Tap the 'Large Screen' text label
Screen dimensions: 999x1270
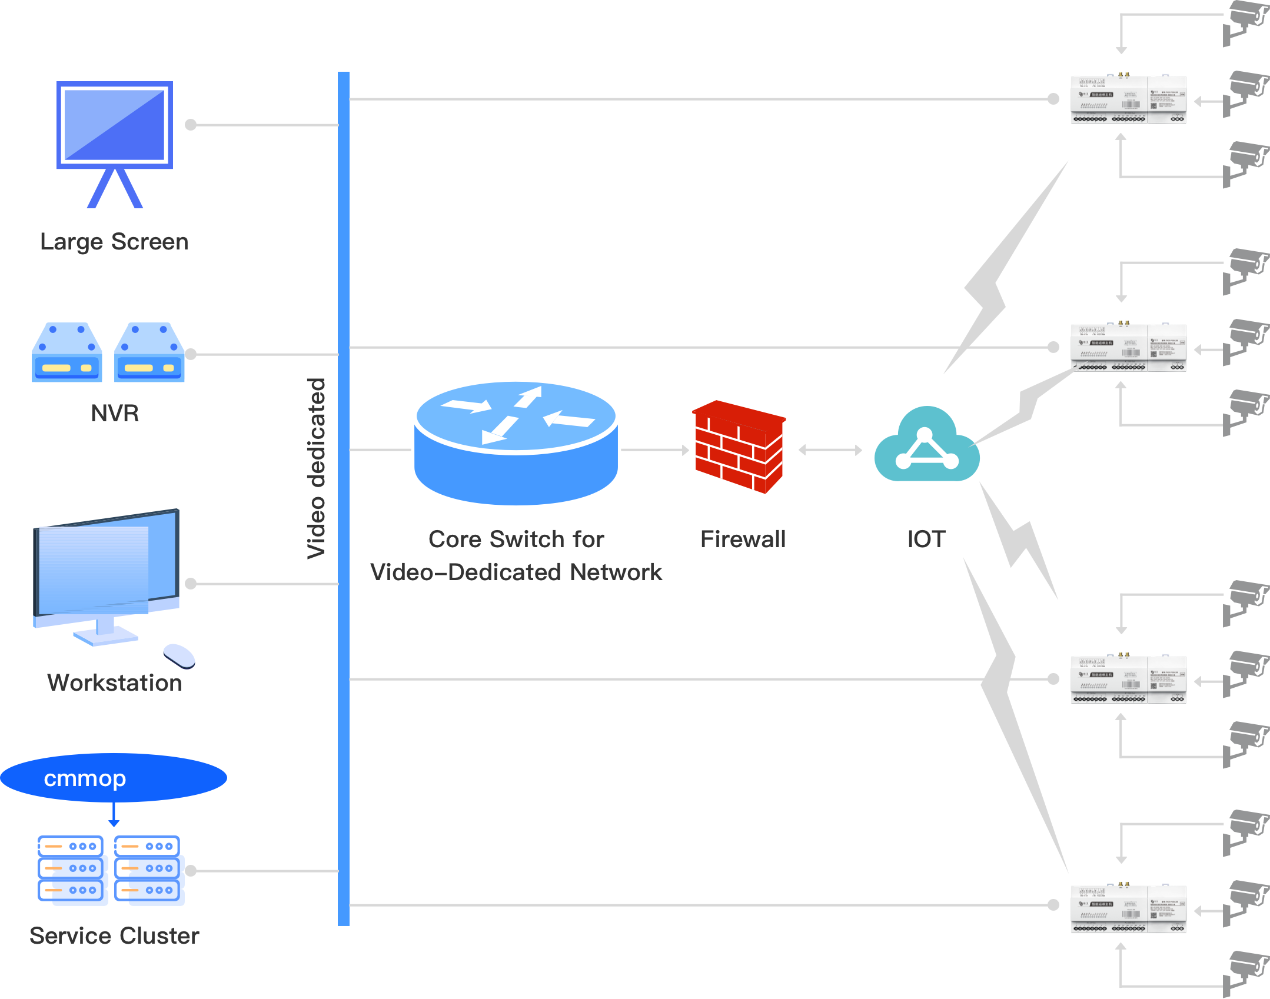pyautogui.click(x=114, y=241)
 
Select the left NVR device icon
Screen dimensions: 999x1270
pyautogui.click(x=67, y=352)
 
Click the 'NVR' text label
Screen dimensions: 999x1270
pyautogui.click(x=115, y=413)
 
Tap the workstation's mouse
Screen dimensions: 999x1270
pyautogui.click(x=179, y=655)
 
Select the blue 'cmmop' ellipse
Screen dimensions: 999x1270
pyautogui.click(x=114, y=778)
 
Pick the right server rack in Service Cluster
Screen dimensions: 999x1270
pyautogui.click(x=149, y=870)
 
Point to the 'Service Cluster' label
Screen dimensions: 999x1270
pyautogui.click(x=114, y=935)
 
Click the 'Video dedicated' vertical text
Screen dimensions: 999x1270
pyautogui.click(x=316, y=468)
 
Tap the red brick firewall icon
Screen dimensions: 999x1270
pyautogui.click(x=739, y=447)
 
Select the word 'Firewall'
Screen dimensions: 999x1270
pyautogui.click(x=743, y=539)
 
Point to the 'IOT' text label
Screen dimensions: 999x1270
pyautogui.click(x=926, y=539)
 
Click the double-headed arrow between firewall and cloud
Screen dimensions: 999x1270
pyautogui.click(x=830, y=450)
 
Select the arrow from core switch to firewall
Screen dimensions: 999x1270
pyautogui.click(x=656, y=450)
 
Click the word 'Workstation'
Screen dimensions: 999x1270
pyautogui.click(x=115, y=682)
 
